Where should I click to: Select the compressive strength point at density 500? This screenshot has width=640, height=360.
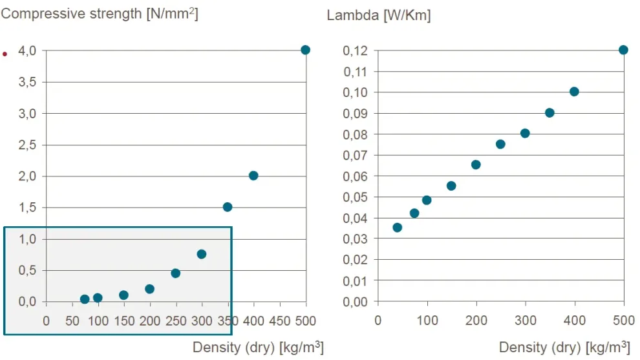point(306,50)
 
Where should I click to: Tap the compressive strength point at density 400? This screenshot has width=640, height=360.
point(253,176)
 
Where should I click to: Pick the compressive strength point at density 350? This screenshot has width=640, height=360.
point(228,207)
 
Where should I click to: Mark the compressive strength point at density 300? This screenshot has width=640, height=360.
point(202,254)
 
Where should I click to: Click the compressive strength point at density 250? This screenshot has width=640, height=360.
point(175,273)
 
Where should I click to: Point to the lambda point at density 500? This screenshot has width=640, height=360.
point(623,50)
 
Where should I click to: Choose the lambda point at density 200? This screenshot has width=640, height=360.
point(476,165)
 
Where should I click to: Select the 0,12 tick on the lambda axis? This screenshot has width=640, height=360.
point(355,50)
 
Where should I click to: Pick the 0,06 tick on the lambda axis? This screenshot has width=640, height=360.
point(355,176)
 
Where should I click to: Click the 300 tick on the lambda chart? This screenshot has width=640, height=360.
point(525,319)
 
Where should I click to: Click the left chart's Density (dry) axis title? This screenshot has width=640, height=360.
point(258,347)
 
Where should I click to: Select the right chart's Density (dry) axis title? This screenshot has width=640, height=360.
point(564,347)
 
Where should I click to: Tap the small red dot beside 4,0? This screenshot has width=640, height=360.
point(5,54)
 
